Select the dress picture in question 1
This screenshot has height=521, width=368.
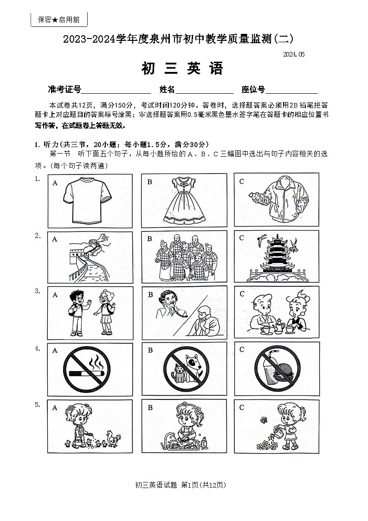[x=184, y=200]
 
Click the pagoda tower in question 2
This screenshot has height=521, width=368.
[x=277, y=257]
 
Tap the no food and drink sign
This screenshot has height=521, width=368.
[x=277, y=369]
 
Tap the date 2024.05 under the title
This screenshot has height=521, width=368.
[x=294, y=54]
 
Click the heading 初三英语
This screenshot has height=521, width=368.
[x=182, y=69]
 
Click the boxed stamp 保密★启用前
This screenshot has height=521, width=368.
[x=59, y=19]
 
